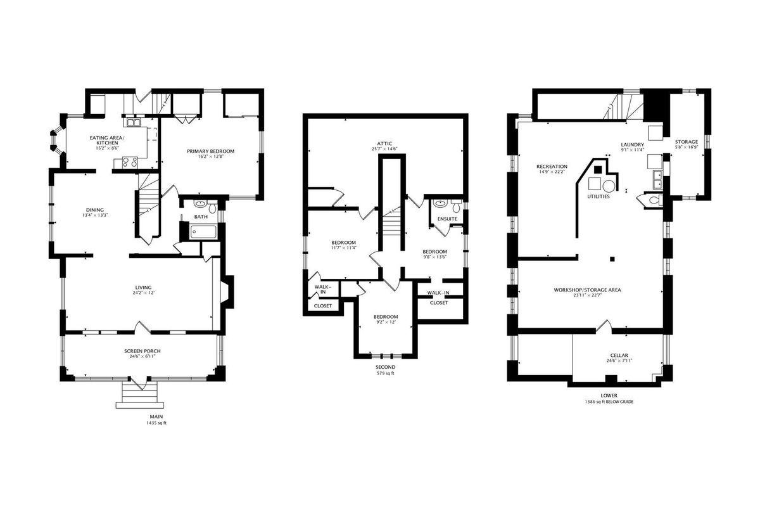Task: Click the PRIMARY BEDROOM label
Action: click(210, 151)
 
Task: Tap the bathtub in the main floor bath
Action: click(203, 233)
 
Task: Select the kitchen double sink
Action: click(134, 122)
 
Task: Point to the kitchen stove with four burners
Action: click(130, 162)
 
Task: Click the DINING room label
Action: click(95, 210)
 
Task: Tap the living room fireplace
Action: click(227, 292)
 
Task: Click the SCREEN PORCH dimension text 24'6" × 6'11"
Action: click(142, 356)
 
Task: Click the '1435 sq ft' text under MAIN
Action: click(156, 423)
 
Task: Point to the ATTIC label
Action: click(384, 144)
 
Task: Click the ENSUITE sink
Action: click(440, 203)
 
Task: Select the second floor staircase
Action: click(392, 224)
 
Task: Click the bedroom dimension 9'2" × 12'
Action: click(386, 322)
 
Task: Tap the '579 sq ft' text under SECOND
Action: click(386, 373)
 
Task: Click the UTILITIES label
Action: click(598, 196)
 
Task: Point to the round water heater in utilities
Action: click(609, 186)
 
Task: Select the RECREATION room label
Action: click(552, 167)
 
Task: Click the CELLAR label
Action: click(619, 355)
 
